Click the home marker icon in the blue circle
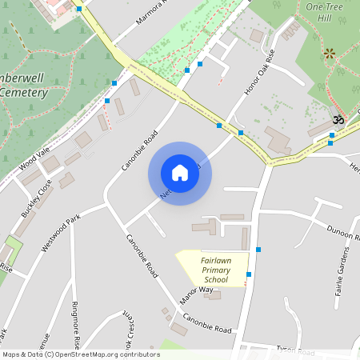[180, 173]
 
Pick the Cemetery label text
[24, 93]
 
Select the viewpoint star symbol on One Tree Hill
[329, 54]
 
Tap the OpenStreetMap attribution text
[81, 354]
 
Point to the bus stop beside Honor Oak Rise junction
[241, 132]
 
